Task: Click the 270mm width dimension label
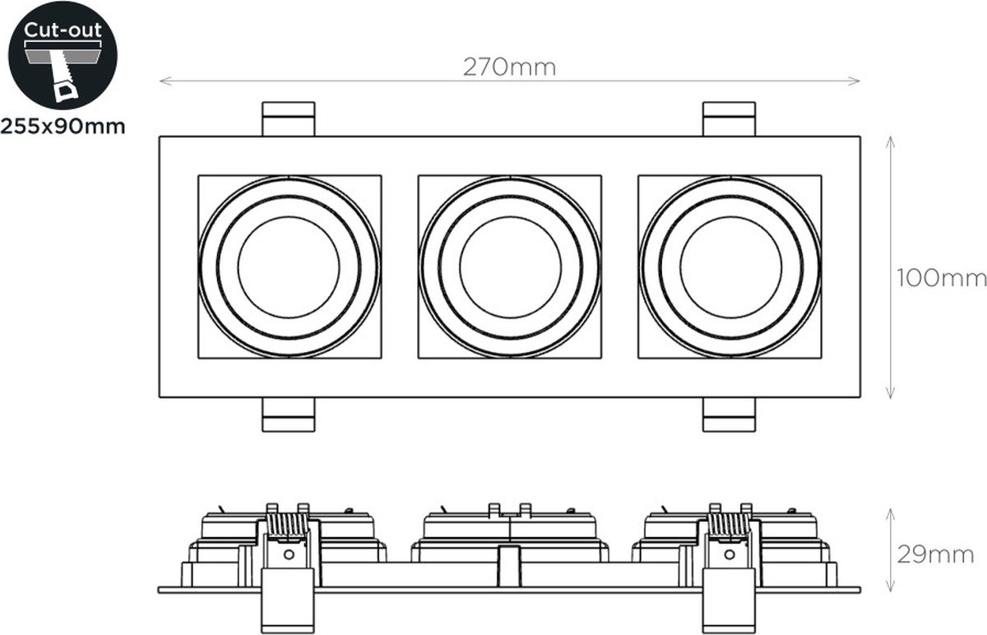509,67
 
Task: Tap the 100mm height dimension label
941,279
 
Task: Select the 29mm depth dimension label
935,554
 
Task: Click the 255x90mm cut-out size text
63,127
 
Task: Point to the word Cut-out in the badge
63,30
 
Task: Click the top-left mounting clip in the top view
289,119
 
